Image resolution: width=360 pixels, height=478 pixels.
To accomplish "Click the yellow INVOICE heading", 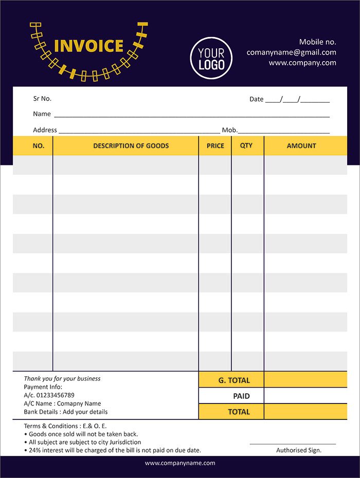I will tap(88, 46).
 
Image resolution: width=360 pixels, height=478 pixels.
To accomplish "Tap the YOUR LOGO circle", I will tap(211, 59).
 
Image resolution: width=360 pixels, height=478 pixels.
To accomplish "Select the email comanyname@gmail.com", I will tap(291, 52).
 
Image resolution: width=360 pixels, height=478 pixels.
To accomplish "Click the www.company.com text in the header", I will tap(302, 63).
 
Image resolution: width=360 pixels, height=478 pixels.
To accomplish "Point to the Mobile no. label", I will tap(317, 42).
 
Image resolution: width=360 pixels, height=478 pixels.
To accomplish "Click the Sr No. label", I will tap(42, 99).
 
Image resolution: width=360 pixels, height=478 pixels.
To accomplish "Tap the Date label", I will tap(256, 99).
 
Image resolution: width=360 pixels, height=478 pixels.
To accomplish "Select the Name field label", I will tap(42, 114).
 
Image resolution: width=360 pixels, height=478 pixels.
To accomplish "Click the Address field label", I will tap(45, 130).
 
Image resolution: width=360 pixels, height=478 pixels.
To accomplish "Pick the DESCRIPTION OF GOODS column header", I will tap(131, 146).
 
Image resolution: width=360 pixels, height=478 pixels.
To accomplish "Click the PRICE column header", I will tap(215, 146).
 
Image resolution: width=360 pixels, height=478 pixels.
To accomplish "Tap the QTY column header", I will tap(246, 145).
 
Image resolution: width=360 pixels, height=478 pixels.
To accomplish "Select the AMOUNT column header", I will tap(301, 146).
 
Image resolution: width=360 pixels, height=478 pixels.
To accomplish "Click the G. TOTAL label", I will tap(234, 381).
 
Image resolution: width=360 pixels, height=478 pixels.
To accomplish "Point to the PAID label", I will tap(241, 396).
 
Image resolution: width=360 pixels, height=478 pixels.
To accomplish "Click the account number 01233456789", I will tap(56, 395).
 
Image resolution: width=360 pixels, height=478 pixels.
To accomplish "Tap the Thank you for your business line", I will tap(62, 379).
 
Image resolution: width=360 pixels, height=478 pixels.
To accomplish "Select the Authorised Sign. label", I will tap(298, 450).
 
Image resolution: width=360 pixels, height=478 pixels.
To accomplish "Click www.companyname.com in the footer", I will tap(180, 463).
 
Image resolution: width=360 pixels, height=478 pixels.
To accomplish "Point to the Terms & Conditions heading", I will tap(52, 426).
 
